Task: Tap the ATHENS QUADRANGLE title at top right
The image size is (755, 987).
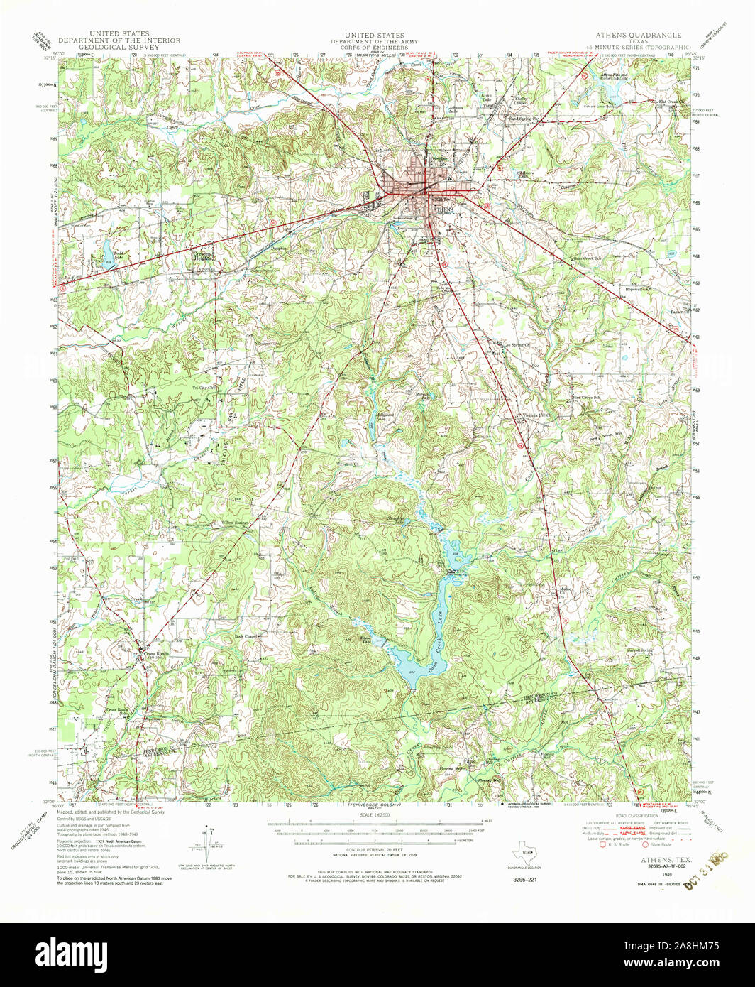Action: point(641,35)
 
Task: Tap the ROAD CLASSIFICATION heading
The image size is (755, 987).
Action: point(635,817)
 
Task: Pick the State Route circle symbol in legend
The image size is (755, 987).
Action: point(646,845)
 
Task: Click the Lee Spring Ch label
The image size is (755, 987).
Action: point(519,346)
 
